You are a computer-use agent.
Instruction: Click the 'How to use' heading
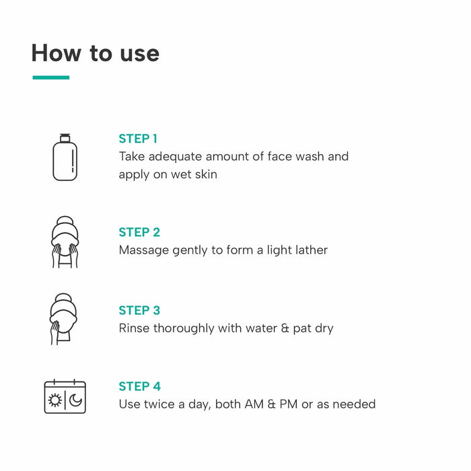(x=95, y=53)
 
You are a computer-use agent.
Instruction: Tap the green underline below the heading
(x=50, y=77)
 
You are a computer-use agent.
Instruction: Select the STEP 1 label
(x=138, y=139)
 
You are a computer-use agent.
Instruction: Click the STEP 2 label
(x=139, y=232)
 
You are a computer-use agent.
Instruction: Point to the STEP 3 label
(x=139, y=310)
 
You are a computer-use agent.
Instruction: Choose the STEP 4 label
(x=139, y=386)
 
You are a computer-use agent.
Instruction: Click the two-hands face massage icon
(x=65, y=242)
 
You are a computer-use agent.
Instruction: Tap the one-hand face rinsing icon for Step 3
(x=65, y=319)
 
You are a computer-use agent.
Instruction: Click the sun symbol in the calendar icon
(x=55, y=401)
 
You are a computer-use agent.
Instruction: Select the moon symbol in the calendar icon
(x=75, y=401)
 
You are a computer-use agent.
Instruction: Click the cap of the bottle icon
(x=65, y=137)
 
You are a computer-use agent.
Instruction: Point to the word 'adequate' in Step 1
(x=174, y=157)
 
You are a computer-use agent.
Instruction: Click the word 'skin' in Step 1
(x=204, y=174)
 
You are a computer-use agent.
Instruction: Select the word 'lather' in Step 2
(x=310, y=250)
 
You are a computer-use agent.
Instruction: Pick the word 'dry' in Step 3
(x=324, y=328)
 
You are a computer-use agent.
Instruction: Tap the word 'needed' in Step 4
(x=355, y=404)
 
